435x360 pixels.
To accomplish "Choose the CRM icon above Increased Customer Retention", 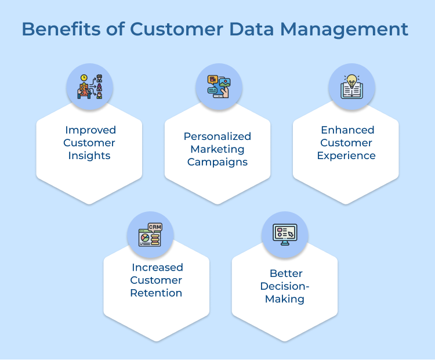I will coord(150,234).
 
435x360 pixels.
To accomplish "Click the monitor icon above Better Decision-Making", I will coord(285,234).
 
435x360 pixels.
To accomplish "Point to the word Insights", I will coord(90,156).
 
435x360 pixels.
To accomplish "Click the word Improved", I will coord(90,130).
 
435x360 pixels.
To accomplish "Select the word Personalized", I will coord(217,136).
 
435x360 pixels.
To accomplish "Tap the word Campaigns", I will coord(217,162).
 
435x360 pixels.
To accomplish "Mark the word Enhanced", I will coord(346,130).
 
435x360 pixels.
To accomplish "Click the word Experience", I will coord(346,156).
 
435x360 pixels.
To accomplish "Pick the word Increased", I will coord(157,268).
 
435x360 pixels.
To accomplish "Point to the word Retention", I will coord(157,293).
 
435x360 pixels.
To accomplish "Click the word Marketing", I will coord(217,149).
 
